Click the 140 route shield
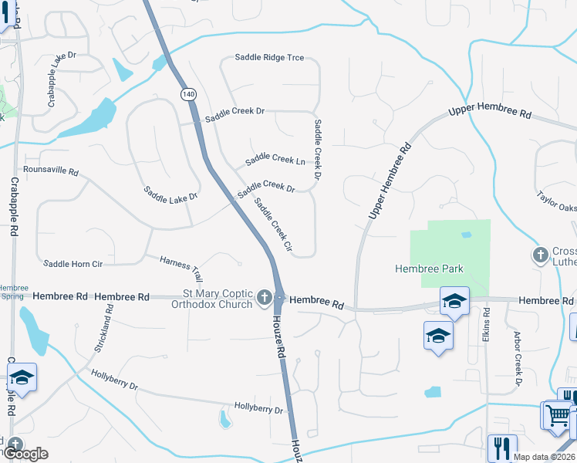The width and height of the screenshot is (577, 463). pos(189,94)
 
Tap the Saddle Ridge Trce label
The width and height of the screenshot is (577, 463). pos(269,58)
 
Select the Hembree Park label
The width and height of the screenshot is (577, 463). pos(429,269)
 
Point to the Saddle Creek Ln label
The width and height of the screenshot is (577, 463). pos(275,159)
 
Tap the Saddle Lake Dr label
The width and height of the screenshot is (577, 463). pos(170,193)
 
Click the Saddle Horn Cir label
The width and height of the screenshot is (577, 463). pos(73,264)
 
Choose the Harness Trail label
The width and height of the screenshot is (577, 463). pos(181,268)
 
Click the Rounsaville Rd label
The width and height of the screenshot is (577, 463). pos(51,170)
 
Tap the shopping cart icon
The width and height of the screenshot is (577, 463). pos(557,415)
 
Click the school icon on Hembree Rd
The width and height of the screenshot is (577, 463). pos(454,300)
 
